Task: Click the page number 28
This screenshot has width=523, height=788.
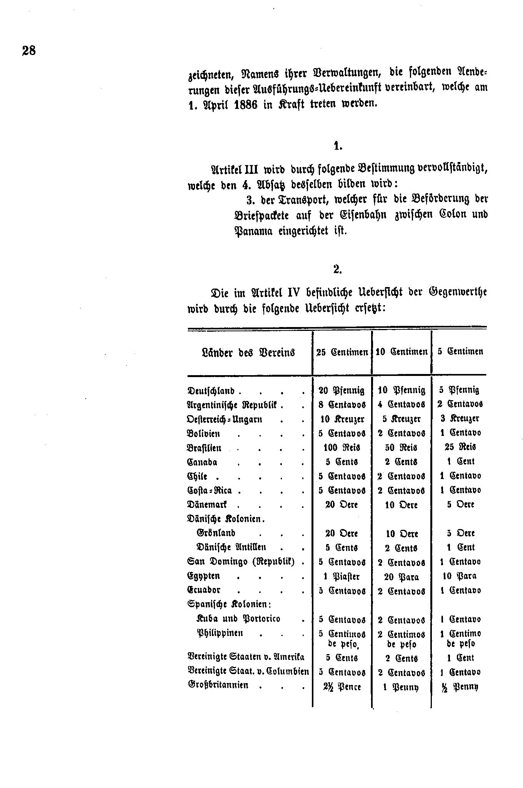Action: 29,51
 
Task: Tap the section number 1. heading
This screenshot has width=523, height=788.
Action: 338,146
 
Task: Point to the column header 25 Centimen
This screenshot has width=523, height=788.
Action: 342,352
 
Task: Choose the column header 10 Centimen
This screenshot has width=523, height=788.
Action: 401,352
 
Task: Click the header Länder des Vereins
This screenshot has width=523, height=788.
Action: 248,352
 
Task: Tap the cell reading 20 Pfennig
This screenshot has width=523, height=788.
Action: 341,390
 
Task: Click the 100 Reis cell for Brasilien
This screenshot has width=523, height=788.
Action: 341,447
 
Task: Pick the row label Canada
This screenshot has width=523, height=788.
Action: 202,462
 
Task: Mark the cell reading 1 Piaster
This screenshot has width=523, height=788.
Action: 341,576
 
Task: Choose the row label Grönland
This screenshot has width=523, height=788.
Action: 216,533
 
